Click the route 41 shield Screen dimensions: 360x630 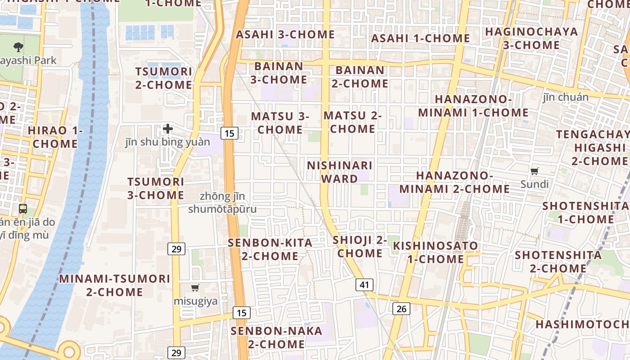(364, 285)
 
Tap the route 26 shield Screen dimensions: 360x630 (401, 309)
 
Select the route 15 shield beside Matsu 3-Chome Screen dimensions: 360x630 (229, 133)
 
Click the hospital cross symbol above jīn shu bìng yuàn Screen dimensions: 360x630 (168, 129)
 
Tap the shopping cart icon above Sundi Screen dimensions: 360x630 (535, 171)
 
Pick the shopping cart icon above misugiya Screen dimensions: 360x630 (195, 288)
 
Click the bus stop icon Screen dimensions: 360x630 (23, 209)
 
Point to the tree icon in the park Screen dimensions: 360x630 (18, 46)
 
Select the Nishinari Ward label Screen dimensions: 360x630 (339, 172)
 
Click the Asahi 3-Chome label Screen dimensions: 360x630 (285, 35)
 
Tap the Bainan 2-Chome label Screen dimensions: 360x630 (360, 77)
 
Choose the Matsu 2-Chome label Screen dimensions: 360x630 (352, 122)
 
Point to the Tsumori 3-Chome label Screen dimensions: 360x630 (156, 189)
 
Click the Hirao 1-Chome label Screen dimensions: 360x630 (55, 137)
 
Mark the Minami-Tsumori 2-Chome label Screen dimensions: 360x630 (115, 285)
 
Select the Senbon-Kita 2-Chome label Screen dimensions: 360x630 (270, 249)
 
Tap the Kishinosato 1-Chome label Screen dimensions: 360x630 (436, 252)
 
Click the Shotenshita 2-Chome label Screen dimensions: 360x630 (558, 261)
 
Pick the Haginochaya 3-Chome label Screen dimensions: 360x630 (531, 38)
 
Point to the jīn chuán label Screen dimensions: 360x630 (566, 97)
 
